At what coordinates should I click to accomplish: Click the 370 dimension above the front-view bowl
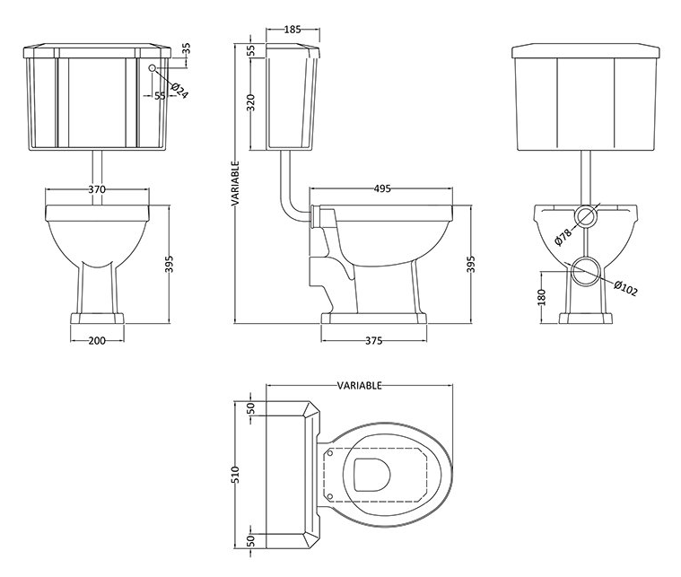97,189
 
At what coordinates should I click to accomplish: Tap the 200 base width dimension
97,340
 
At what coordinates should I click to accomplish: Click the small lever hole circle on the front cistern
153,68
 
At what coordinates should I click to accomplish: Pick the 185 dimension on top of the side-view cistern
292,30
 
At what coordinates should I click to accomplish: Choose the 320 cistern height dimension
251,103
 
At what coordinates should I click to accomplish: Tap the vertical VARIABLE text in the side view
235,184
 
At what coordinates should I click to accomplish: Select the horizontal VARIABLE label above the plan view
359,385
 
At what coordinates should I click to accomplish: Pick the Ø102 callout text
625,289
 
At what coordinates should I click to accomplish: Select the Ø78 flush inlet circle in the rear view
585,216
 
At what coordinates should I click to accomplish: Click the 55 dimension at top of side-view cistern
251,51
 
